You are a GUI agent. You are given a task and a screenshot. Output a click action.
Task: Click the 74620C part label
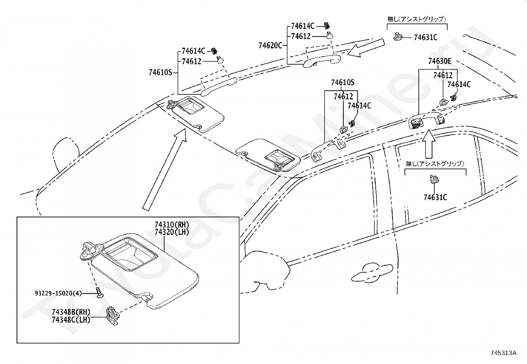coord(270,45)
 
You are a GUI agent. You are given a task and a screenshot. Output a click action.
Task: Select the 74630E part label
coord(440,61)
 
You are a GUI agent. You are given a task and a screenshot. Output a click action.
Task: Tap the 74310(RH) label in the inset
coord(172,225)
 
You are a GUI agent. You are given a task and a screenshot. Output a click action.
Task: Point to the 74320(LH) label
coord(172,232)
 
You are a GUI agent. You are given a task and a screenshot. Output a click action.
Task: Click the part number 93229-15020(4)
coord(58,293)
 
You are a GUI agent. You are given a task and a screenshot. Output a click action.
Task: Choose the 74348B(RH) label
coord(71,312)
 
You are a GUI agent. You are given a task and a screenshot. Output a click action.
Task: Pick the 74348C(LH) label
coord(71,320)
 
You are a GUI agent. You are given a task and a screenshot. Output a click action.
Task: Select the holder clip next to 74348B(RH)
coord(113,316)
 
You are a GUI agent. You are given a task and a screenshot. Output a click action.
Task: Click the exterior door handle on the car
coord(372,273)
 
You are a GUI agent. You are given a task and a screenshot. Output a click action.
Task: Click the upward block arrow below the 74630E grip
coord(429,144)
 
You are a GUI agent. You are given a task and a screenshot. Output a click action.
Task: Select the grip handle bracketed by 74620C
coord(322,61)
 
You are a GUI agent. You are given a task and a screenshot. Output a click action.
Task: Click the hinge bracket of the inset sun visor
coord(91,250)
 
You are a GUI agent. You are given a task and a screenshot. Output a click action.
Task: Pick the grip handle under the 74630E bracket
coord(426,121)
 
